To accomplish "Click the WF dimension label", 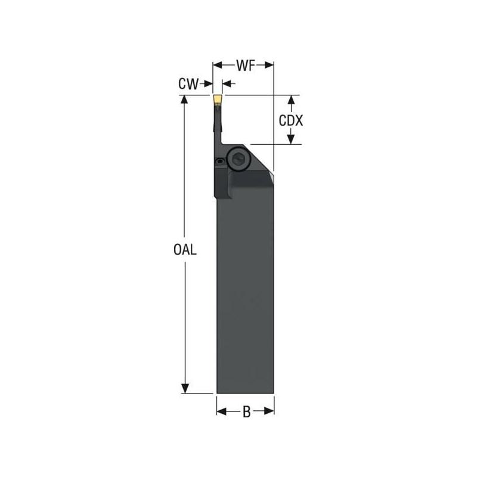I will tap(243, 65).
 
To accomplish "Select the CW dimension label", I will tap(188, 85).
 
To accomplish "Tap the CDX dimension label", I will tap(291, 120).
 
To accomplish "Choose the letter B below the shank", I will tap(246, 411).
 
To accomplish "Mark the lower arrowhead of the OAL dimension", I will tap(185, 388).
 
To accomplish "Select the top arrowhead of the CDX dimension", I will tap(291, 100).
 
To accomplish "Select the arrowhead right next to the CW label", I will tap(207, 85).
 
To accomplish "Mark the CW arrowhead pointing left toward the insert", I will tap(226, 85).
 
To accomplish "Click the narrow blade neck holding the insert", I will tap(216, 125).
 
